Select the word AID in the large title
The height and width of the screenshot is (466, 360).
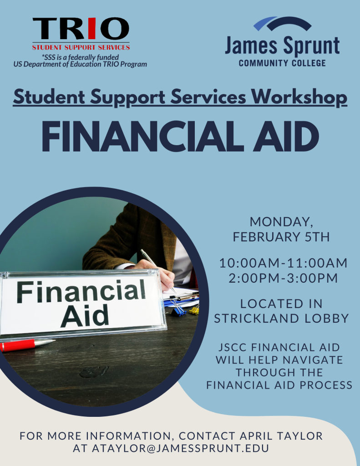(x=283, y=137)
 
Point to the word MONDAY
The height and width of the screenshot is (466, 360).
(x=281, y=222)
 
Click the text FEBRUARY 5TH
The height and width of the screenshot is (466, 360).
(x=281, y=237)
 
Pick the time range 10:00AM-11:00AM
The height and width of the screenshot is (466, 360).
(x=283, y=263)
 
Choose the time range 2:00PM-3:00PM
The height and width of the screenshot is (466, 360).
(x=283, y=278)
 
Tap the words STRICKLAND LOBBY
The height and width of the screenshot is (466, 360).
(x=281, y=318)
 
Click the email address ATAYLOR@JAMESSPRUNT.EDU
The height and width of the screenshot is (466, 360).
(x=180, y=448)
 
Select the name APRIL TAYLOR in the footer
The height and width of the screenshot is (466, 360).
(x=281, y=436)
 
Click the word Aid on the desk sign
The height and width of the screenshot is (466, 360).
(x=85, y=315)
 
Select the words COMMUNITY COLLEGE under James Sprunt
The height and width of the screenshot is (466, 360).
(x=282, y=63)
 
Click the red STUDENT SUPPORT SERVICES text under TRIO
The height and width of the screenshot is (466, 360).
(x=81, y=47)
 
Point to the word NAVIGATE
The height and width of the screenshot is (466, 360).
(x=313, y=360)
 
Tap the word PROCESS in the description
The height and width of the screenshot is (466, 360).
(x=326, y=385)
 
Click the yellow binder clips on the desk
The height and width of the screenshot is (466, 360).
(x=194, y=309)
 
